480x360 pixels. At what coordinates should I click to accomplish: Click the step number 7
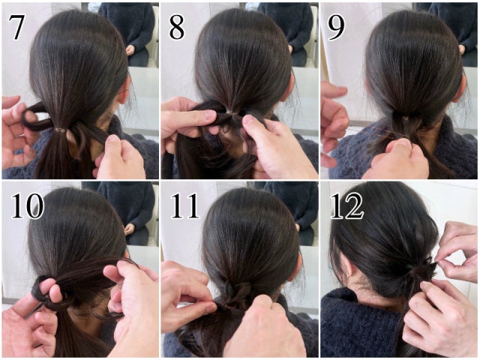(x=16, y=27)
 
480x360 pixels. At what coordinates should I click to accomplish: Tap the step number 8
(x=177, y=27)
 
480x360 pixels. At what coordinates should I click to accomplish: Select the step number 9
(x=336, y=27)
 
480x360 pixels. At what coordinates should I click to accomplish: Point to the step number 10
(x=28, y=205)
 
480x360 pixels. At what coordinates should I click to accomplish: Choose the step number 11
(x=185, y=205)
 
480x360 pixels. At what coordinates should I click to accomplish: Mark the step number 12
(x=347, y=205)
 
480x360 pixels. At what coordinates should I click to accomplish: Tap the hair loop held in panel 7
(x=36, y=117)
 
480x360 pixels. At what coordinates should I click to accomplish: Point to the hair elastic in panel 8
(x=231, y=113)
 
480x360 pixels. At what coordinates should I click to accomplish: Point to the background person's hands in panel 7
(x=130, y=49)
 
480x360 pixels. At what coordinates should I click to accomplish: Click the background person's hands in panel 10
(x=129, y=229)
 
